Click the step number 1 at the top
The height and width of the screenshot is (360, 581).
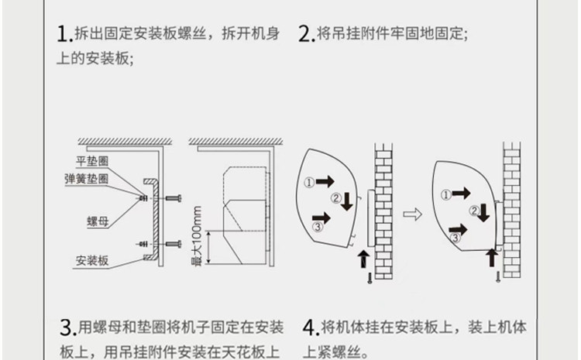pos(63,34)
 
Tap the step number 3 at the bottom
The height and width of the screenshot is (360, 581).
pos(67,328)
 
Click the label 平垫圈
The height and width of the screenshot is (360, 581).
pos(92,162)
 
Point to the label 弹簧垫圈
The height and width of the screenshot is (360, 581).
pos(86,179)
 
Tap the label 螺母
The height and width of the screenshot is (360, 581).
pos(98,221)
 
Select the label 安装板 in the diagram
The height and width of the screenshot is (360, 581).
pos(92,261)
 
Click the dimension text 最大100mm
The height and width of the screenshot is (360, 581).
pos(197,236)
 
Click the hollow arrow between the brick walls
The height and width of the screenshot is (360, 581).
pos(412,214)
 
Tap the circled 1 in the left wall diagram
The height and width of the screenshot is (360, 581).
pos(309,182)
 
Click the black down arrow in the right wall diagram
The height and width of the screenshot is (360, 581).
pos(483,213)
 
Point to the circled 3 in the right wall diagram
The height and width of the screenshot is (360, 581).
pos(455,238)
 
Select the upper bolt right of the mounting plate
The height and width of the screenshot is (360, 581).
pos(174,198)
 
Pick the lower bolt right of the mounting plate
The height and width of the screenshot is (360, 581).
pos(174,244)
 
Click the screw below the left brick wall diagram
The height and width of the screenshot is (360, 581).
pos(370,278)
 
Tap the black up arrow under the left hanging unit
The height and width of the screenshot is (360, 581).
pos(364,259)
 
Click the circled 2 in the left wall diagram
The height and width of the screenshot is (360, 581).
pos(336,198)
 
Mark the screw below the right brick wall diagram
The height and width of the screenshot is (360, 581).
pos(498,276)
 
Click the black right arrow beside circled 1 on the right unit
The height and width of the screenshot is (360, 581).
pos(462,193)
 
